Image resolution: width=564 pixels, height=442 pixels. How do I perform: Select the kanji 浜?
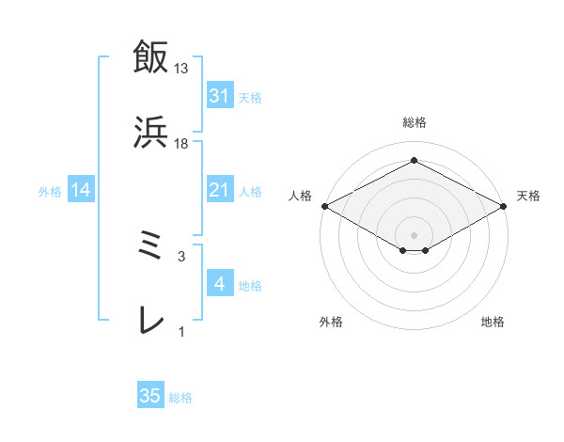click(x=149, y=133)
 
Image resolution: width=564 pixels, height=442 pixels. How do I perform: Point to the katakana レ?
click(x=149, y=321)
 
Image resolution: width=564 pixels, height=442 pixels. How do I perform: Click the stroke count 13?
click(x=181, y=69)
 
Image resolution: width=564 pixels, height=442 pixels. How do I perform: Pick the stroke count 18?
click(x=181, y=143)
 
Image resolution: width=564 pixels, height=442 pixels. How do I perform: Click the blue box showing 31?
click(x=219, y=96)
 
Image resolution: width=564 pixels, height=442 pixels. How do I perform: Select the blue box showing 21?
click(x=219, y=190)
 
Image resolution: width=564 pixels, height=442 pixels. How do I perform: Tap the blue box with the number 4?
click(x=219, y=284)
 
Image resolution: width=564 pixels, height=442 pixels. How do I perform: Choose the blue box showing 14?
click(x=81, y=190)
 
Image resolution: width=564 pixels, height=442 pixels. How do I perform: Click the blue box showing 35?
click(x=150, y=396)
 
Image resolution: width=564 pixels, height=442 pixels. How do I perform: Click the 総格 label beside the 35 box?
click(x=180, y=398)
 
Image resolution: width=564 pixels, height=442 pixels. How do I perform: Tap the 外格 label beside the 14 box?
click(x=50, y=192)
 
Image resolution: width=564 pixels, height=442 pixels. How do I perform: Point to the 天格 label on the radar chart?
click(x=528, y=196)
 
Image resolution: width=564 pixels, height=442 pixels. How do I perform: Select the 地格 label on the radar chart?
click(x=493, y=323)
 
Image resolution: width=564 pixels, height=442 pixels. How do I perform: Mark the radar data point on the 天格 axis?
click(x=505, y=206)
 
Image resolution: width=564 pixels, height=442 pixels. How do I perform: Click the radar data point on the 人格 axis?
click(x=324, y=206)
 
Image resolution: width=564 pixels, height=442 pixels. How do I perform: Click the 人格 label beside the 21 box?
click(x=250, y=192)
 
